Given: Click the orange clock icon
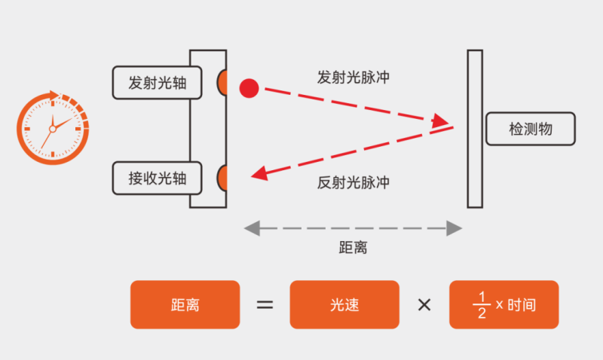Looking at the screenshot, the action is pyautogui.click(x=53, y=128).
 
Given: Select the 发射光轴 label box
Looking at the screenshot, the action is pyautogui.click(x=157, y=83).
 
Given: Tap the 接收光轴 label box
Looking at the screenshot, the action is pyautogui.click(x=157, y=178).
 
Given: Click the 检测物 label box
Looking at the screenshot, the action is pyautogui.click(x=531, y=129).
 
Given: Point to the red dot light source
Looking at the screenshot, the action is pyautogui.click(x=249, y=88).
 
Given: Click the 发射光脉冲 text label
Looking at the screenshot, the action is pyautogui.click(x=353, y=78).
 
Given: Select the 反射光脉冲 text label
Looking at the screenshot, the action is pyautogui.click(x=353, y=182).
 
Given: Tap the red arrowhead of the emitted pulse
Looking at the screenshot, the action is pyautogui.click(x=439, y=121).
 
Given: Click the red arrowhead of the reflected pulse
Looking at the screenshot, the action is pyautogui.click(x=260, y=174).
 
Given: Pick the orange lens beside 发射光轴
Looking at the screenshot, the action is pyautogui.click(x=222, y=83).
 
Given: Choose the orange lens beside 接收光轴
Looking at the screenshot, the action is pyautogui.click(x=222, y=178).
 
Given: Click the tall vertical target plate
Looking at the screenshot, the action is pyautogui.click(x=475, y=129).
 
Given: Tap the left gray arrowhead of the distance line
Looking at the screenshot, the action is pyautogui.click(x=253, y=228).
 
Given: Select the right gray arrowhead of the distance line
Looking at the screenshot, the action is pyautogui.click(x=455, y=228).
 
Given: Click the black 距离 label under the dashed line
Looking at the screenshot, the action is pyautogui.click(x=353, y=248).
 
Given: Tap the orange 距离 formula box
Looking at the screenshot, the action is pyautogui.click(x=185, y=305).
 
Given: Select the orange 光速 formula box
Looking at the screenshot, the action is pyautogui.click(x=344, y=305).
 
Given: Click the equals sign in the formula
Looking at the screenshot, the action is pyautogui.click(x=265, y=305).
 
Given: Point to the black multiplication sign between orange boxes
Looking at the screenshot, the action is pyautogui.click(x=424, y=305).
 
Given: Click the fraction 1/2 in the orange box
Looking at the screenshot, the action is pyautogui.click(x=482, y=305).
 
